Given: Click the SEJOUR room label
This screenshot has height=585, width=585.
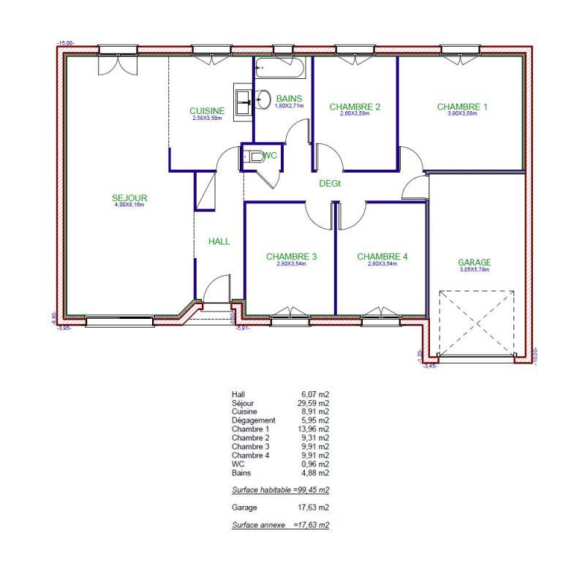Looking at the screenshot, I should tap(130, 197).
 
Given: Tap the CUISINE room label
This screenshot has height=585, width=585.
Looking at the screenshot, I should tap(207, 111).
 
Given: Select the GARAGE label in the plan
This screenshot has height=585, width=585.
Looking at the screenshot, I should tap(474, 263).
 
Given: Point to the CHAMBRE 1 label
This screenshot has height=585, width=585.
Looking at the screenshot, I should tap(462, 107).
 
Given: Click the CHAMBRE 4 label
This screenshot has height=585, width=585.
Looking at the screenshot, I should tap(382, 257).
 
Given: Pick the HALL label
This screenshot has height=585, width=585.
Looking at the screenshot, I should tap(219, 241).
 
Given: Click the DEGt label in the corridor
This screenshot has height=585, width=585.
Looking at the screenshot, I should tap(330, 184).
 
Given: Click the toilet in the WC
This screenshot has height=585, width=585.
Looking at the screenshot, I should tap(254, 156).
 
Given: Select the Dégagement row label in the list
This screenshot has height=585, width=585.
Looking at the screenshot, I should tap(253, 420).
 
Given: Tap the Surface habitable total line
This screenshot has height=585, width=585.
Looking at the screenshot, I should tap(280, 490).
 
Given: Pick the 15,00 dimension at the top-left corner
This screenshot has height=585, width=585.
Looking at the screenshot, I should tap(65, 44).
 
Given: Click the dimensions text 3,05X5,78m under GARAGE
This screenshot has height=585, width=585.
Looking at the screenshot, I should tap(474, 270).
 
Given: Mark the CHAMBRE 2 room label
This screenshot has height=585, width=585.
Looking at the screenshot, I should tap(355, 107).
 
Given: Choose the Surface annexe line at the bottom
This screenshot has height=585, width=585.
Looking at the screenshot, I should tap(280, 525).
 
